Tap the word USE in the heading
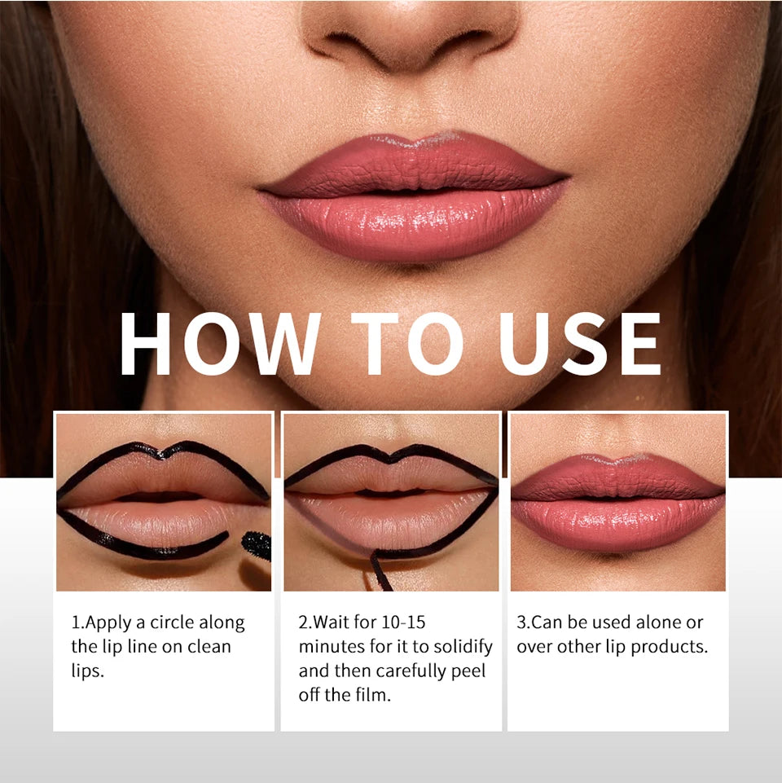coord(581,345)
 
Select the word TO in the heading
coord(408,345)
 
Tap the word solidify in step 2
coord(462,647)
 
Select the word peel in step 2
coord(468,671)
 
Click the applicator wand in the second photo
coord(380,571)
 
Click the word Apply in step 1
coord(108,622)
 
